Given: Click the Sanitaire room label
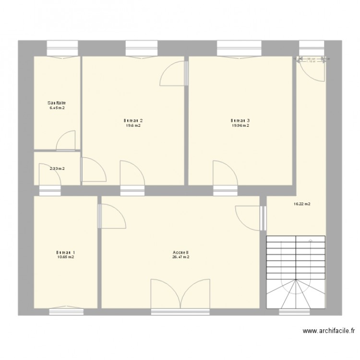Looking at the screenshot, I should (57, 103).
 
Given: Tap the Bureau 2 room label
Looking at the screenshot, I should (133, 120).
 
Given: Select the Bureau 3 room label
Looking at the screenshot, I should (240, 120).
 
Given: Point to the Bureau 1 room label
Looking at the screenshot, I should (65, 252).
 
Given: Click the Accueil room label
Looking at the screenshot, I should (180, 252).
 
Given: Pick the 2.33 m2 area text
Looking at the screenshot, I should (57, 168).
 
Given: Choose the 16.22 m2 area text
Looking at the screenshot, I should (302, 204).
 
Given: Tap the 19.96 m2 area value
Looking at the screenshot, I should (240, 126).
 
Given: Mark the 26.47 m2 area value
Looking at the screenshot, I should (180, 257).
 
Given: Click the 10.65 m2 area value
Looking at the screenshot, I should (65, 257).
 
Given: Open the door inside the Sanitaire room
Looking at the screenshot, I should (66, 140).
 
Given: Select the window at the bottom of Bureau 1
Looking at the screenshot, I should (65, 311).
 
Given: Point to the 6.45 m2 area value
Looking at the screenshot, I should (57, 108).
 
